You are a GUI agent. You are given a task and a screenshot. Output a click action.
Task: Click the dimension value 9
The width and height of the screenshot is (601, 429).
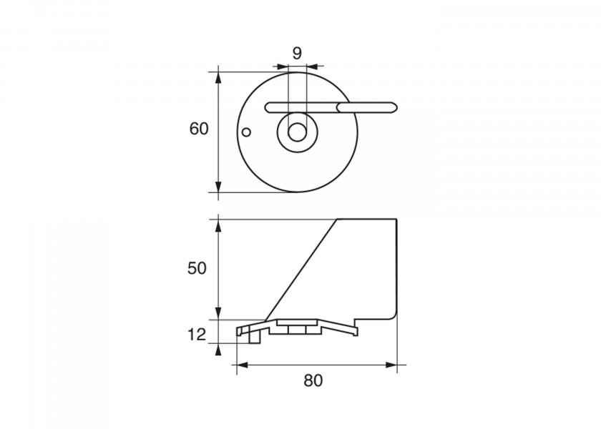pyautogui.click(x=297, y=53)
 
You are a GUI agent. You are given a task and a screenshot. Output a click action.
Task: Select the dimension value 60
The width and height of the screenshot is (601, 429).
pyautogui.click(x=199, y=129)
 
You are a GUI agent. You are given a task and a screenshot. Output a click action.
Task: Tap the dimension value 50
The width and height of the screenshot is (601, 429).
pyautogui.click(x=197, y=268)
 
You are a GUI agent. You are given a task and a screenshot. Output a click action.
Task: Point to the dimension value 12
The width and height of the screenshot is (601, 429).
pyautogui.click(x=197, y=335)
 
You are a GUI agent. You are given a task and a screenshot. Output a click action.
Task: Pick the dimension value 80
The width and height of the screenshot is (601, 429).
pyautogui.click(x=313, y=380)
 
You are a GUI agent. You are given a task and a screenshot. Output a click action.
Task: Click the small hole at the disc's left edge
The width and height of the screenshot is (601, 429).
pyautogui.click(x=247, y=132)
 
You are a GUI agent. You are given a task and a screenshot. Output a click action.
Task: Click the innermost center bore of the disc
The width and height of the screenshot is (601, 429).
pyautogui.click(x=297, y=132)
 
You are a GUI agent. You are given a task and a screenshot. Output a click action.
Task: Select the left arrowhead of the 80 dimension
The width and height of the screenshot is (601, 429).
pyautogui.click(x=243, y=365)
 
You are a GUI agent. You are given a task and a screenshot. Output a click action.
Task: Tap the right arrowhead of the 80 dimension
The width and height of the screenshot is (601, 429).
pyautogui.click(x=391, y=365)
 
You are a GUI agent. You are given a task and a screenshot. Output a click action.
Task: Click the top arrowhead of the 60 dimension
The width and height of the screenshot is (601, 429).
pyautogui.click(x=218, y=78)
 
